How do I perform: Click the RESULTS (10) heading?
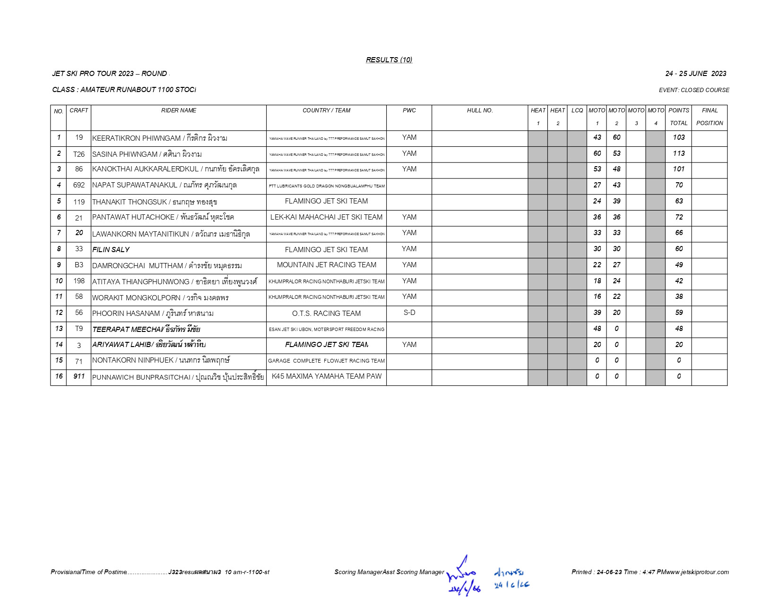click(389, 60)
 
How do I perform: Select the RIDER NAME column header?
click(178, 110)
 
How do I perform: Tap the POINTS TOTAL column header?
click(678, 117)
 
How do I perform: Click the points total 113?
click(678, 153)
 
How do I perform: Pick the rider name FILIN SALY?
click(111, 250)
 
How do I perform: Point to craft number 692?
click(79, 186)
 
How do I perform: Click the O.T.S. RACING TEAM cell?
click(326, 314)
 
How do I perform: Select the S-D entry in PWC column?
click(409, 313)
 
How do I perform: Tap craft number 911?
click(79, 376)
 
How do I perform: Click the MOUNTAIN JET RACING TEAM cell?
click(326, 265)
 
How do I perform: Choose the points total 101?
click(678, 169)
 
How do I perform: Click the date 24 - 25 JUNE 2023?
click(695, 74)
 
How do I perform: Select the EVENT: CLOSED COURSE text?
click(694, 90)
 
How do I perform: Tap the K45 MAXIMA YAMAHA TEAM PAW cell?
click(326, 376)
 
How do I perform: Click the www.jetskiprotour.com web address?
click(697, 572)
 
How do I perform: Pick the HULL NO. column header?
click(480, 110)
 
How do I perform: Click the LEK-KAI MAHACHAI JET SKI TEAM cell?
click(326, 217)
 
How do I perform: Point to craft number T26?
click(79, 154)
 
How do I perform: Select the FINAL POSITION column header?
click(709, 117)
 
